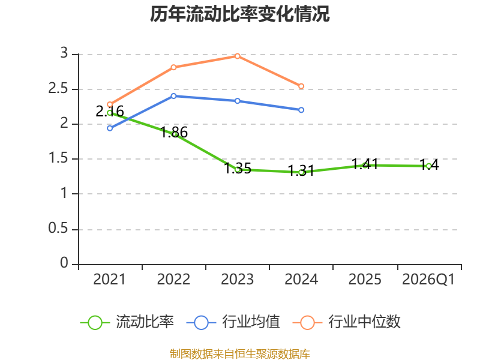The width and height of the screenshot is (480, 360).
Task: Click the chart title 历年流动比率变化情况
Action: click(x=239, y=14)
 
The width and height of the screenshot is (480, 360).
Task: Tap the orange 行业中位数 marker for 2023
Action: click(x=237, y=56)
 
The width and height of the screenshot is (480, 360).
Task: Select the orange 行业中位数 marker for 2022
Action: click(x=173, y=67)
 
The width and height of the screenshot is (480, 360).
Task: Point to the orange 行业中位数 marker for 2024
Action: click(x=301, y=86)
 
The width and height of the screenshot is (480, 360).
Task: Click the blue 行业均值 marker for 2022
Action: click(x=173, y=96)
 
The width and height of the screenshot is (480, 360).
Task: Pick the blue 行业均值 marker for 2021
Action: click(x=110, y=128)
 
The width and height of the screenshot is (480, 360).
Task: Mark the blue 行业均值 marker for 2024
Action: click(x=301, y=110)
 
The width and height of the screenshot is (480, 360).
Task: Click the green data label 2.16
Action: click(x=110, y=112)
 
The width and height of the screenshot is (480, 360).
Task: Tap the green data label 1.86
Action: click(x=174, y=132)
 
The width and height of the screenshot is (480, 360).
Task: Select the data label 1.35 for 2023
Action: click(x=238, y=169)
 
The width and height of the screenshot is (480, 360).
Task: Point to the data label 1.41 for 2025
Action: click(x=365, y=164)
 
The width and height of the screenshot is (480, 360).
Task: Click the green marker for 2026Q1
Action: click(x=428, y=166)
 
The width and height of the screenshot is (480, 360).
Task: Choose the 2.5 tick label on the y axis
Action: click(x=58, y=88)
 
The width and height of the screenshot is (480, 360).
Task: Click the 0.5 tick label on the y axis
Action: click(x=58, y=228)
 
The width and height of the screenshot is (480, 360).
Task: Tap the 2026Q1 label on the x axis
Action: click(x=428, y=279)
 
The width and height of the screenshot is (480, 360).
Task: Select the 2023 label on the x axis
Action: click(x=237, y=279)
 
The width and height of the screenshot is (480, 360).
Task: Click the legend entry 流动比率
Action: click(x=127, y=322)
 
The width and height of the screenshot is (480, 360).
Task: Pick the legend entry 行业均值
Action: click(x=233, y=322)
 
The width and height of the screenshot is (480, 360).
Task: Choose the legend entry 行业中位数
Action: click(x=347, y=322)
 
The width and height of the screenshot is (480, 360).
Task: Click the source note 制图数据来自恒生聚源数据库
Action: click(x=239, y=354)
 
